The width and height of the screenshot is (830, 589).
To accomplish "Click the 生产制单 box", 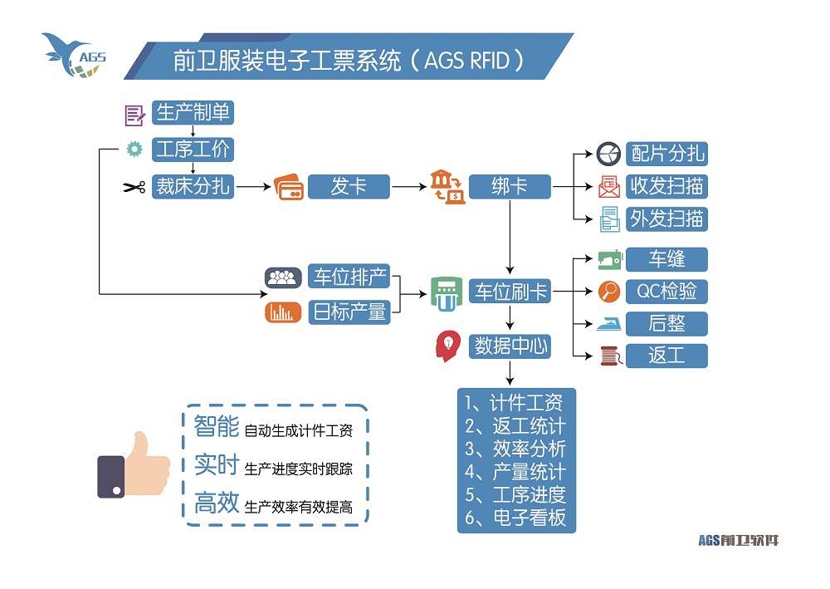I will (x=193, y=112).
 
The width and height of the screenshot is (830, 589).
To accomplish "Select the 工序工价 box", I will (x=193, y=150).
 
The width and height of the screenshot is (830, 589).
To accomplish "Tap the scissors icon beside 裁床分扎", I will (x=134, y=187).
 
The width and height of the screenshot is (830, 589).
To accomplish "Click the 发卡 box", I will (x=349, y=187).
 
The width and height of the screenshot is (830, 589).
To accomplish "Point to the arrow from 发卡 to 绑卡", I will (x=408, y=187).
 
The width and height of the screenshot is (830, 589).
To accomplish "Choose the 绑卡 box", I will (x=510, y=187).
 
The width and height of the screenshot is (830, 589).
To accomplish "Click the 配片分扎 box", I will (x=667, y=154).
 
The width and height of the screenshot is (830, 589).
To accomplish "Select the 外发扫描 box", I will (x=667, y=219).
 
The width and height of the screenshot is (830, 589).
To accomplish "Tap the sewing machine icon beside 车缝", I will (x=609, y=259).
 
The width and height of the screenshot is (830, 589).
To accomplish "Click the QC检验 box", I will (x=667, y=292).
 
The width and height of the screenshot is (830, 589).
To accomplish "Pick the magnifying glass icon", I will (x=609, y=292).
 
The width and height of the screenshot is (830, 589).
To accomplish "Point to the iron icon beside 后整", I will (x=609, y=323).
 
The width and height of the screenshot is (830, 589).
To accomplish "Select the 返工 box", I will (x=667, y=356).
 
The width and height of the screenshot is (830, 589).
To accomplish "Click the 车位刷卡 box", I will (x=510, y=292).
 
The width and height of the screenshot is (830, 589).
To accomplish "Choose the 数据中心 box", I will (x=510, y=346).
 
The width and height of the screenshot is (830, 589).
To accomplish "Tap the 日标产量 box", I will (x=349, y=312).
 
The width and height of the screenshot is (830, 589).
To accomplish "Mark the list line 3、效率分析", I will (x=515, y=449).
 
